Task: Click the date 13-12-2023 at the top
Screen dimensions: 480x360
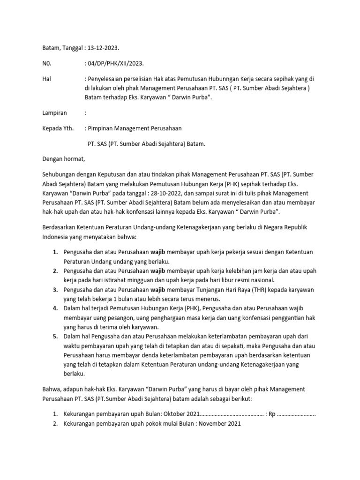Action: pos(102,48)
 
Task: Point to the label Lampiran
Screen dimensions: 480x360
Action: pos(55,112)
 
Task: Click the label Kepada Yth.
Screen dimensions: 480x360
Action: pos(58,128)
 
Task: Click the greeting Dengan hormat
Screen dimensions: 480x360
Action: pos(64,158)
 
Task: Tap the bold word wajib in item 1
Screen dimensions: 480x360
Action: pos(158,252)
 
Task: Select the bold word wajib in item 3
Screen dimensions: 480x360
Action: pos(158,290)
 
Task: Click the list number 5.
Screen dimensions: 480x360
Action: pos(55,337)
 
